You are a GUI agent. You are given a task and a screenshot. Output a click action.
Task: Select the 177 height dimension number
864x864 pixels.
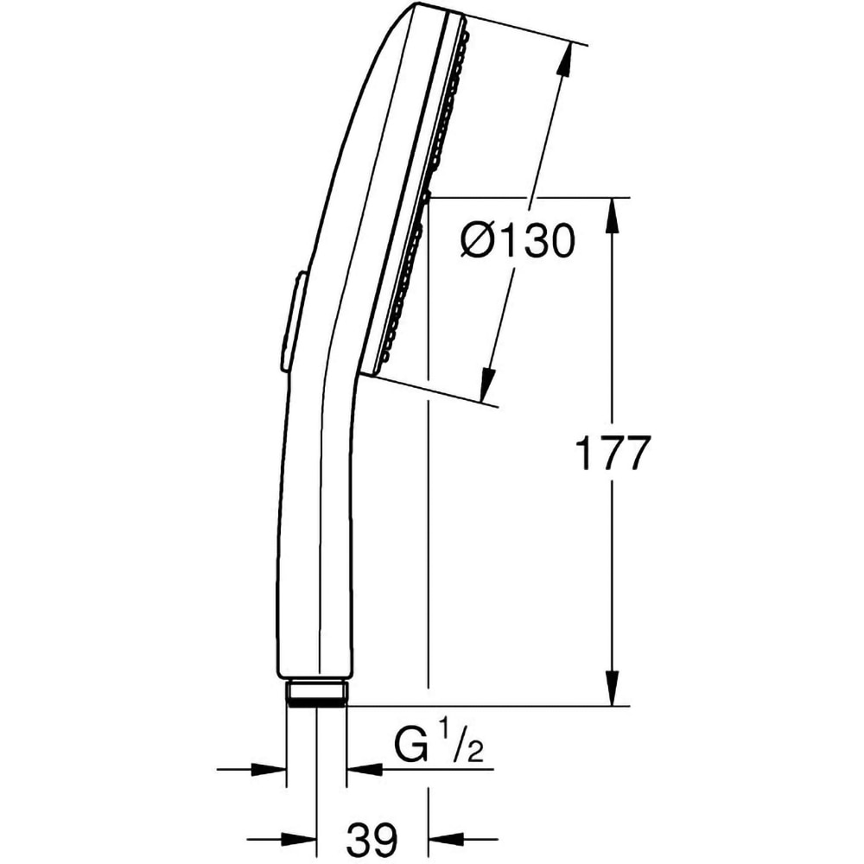pos(612,454)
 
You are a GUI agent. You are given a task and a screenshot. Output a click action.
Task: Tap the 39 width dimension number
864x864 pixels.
pos(372,837)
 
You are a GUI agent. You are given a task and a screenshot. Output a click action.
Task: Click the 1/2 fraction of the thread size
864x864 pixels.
pos(463,743)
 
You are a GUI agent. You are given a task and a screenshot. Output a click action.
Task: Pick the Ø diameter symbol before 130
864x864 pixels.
pos(478,243)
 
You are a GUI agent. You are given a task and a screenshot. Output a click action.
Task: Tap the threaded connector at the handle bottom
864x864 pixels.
pos(316,694)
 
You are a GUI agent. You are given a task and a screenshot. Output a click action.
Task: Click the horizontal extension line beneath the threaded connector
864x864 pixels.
pos(484,706)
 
